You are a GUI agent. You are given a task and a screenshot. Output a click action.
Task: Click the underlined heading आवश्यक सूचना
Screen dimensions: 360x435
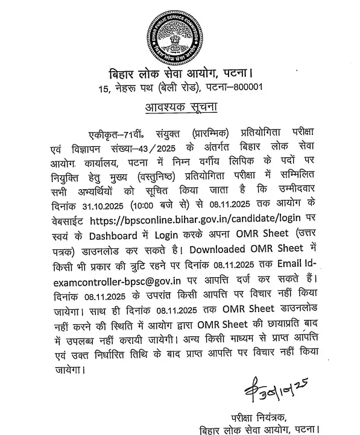click(x=181, y=108)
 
